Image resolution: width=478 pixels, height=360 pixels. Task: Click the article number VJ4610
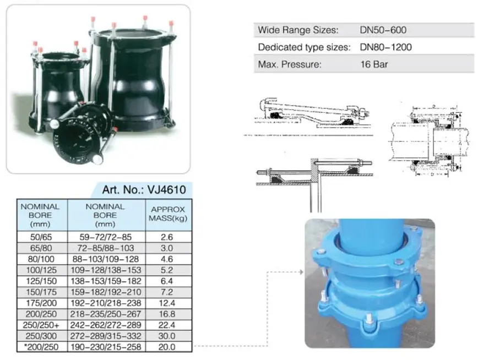pos(166,189)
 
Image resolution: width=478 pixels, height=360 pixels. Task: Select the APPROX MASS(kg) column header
pos(168,214)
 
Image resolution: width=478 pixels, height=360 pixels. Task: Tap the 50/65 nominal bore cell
pos(41,237)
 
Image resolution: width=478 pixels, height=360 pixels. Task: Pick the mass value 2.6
pos(167,237)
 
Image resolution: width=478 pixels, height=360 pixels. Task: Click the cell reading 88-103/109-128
pos(106,259)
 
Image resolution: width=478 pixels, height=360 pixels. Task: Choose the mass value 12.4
pos(167,303)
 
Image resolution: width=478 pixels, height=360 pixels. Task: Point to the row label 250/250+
pos(41,325)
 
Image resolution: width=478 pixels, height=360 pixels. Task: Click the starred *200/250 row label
pos(41,347)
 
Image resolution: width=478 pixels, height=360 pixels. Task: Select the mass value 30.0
pos(167,336)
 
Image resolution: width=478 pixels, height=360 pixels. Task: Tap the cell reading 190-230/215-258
pos(106,347)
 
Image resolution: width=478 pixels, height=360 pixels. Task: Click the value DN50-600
pos(383,30)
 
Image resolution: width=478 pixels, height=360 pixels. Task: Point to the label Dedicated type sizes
pos(304,47)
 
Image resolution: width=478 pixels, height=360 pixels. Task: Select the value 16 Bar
pos(374,64)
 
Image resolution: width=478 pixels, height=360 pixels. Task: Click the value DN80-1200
pos(385,47)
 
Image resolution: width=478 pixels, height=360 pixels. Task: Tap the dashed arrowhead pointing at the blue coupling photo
pos(301,272)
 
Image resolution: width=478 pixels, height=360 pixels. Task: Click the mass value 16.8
pos(167,314)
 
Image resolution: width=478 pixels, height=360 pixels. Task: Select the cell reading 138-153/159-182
pos(106,281)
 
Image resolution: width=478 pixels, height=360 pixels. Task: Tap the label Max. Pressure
pos(290,64)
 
